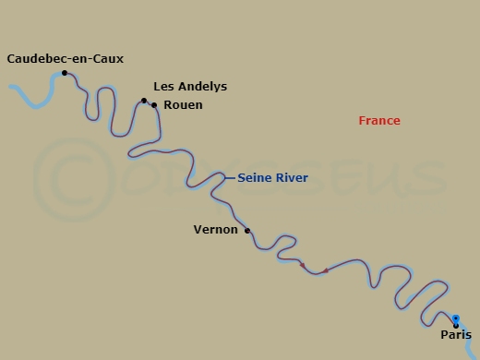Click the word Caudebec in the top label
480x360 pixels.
tap(37, 59)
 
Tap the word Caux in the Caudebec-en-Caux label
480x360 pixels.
tap(107, 59)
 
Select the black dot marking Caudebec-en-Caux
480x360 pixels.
tap(64, 73)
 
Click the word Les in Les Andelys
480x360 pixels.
tap(163, 87)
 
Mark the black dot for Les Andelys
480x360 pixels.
tap(144, 101)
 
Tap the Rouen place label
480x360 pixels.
tap(183, 105)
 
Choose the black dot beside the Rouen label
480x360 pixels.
tap(154, 105)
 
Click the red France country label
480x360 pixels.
tap(379, 121)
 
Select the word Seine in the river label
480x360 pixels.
tap(255, 178)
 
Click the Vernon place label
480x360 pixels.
tap(215, 229)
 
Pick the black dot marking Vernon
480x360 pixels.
tap(247, 231)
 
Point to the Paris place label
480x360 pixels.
tap(456, 335)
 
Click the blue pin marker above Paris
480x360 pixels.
tap(456, 318)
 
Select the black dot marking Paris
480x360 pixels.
tap(456, 325)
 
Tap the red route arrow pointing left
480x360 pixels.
tap(325, 271)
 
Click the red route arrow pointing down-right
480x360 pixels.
tap(303, 266)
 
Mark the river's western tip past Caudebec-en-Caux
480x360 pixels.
tap(10, 88)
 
